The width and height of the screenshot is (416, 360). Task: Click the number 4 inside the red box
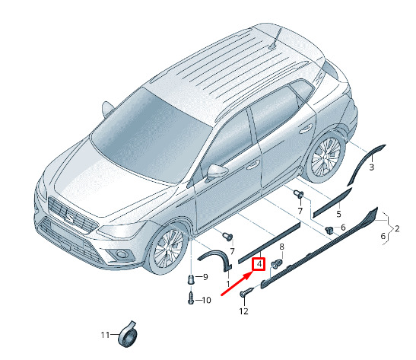pos(259,264)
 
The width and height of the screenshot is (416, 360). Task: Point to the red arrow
pos(236,284)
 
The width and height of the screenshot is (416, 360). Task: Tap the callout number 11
pos(105,335)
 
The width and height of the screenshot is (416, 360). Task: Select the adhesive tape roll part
pos(128,335)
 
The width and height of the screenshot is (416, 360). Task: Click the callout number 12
pos(243,311)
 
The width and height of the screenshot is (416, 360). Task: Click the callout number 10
pos(206,301)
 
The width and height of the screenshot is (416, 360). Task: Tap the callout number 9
pos(205,277)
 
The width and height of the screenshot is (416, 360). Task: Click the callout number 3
pos(372,167)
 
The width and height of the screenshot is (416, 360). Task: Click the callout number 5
pos(338,214)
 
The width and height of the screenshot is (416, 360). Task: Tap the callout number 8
pos(281,247)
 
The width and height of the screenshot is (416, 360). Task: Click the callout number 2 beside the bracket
pos(397,228)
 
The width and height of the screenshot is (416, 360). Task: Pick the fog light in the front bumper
pos(122,254)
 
